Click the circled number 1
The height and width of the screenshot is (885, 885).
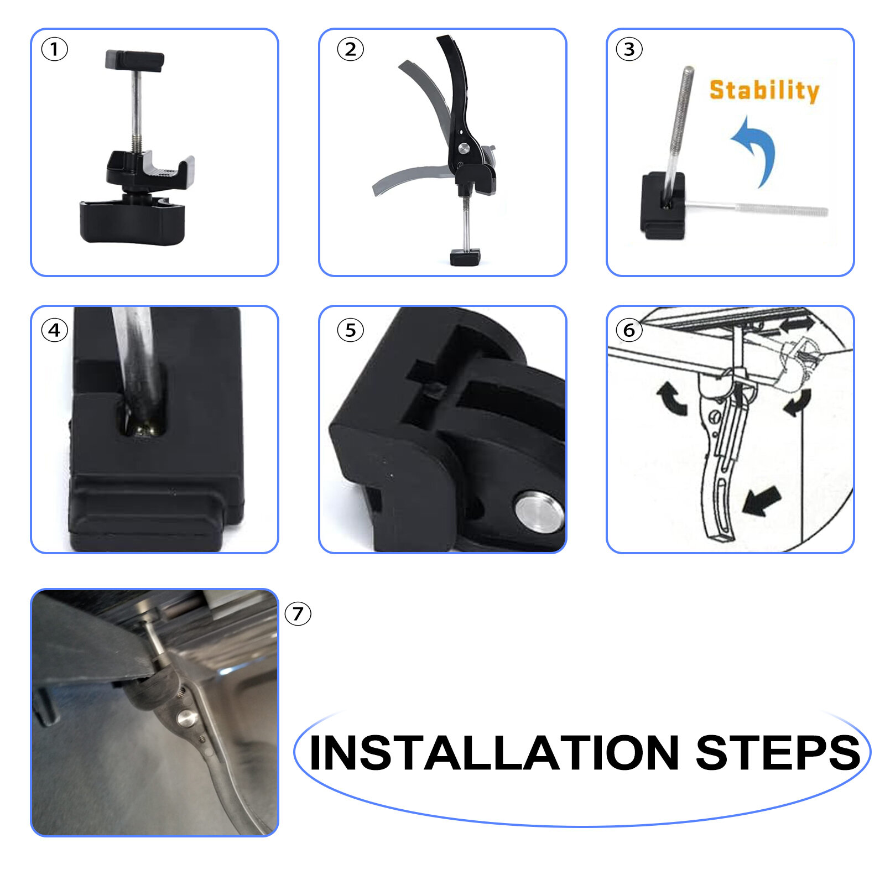(x=54, y=49)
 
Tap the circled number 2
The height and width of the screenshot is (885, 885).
(x=350, y=49)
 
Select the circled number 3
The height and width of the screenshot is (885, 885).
(x=629, y=49)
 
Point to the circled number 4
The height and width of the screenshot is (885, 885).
(x=54, y=330)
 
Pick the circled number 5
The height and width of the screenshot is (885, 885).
(x=350, y=330)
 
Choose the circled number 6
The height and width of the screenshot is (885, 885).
(x=629, y=330)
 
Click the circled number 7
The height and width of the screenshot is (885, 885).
(x=298, y=613)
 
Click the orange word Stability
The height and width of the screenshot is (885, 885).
(x=764, y=90)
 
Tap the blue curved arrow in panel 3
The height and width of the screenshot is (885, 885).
(x=758, y=145)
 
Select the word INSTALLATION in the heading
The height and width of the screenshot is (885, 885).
(x=494, y=753)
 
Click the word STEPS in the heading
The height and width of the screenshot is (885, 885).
(x=778, y=753)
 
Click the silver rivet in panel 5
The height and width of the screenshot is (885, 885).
(x=539, y=512)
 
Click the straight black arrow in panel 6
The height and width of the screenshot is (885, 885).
(x=762, y=501)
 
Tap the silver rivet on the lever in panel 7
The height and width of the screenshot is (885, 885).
(x=186, y=719)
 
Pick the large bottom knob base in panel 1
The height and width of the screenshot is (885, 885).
(x=132, y=222)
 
